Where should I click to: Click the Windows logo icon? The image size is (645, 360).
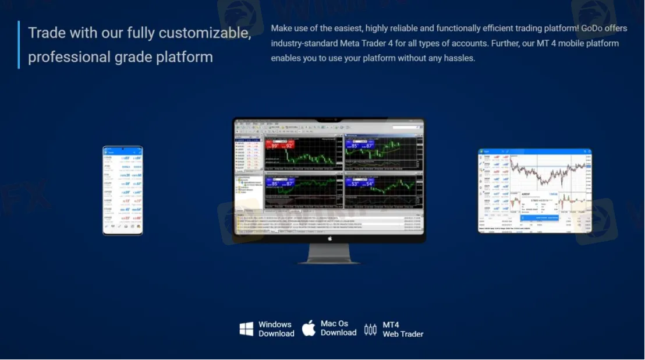coord(246,329)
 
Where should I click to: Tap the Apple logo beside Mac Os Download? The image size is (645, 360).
coord(309,328)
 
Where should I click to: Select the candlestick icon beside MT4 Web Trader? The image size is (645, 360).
coord(370,330)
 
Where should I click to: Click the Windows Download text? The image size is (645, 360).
coord(276,329)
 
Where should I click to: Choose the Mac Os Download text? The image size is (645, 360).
coord(338,328)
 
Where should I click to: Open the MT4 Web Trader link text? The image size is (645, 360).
coord(403,330)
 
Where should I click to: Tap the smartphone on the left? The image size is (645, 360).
coord(123,190)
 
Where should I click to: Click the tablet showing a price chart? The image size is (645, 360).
coord(534,190)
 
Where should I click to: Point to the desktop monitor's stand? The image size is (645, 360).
coord(329,253)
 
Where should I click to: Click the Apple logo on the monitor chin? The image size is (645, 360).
coord(329,238)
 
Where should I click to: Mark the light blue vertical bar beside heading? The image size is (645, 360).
coord(19,45)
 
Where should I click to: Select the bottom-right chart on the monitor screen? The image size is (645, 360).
coord(382,189)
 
